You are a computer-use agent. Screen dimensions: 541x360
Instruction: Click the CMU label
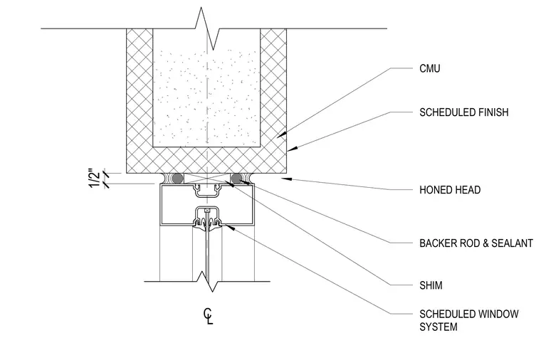point(429,68)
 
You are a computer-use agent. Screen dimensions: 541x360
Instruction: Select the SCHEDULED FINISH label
point(463,112)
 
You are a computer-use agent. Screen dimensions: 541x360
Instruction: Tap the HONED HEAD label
point(450,190)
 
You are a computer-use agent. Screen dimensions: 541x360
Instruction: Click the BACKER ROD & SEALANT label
point(476,243)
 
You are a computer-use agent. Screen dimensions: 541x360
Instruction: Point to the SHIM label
point(431,285)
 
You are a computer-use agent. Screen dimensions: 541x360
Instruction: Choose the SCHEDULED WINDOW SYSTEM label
point(469,320)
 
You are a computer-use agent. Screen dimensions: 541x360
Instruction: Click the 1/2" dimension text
point(94,178)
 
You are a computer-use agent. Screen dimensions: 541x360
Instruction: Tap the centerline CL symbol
point(208,316)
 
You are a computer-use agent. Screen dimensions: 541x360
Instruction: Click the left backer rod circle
point(177,179)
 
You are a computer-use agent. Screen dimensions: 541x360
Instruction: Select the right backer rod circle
point(236,179)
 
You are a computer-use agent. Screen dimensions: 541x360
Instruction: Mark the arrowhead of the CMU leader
point(281,135)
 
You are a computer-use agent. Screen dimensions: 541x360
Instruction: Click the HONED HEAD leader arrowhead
point(287,179)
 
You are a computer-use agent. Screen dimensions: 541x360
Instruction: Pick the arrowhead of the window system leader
point(229,227)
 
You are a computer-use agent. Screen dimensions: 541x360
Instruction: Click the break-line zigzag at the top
point(207,28)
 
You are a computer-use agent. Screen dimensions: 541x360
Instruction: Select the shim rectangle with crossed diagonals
point(206,179)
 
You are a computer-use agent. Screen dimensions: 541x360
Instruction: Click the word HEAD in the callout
point(468,190)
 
